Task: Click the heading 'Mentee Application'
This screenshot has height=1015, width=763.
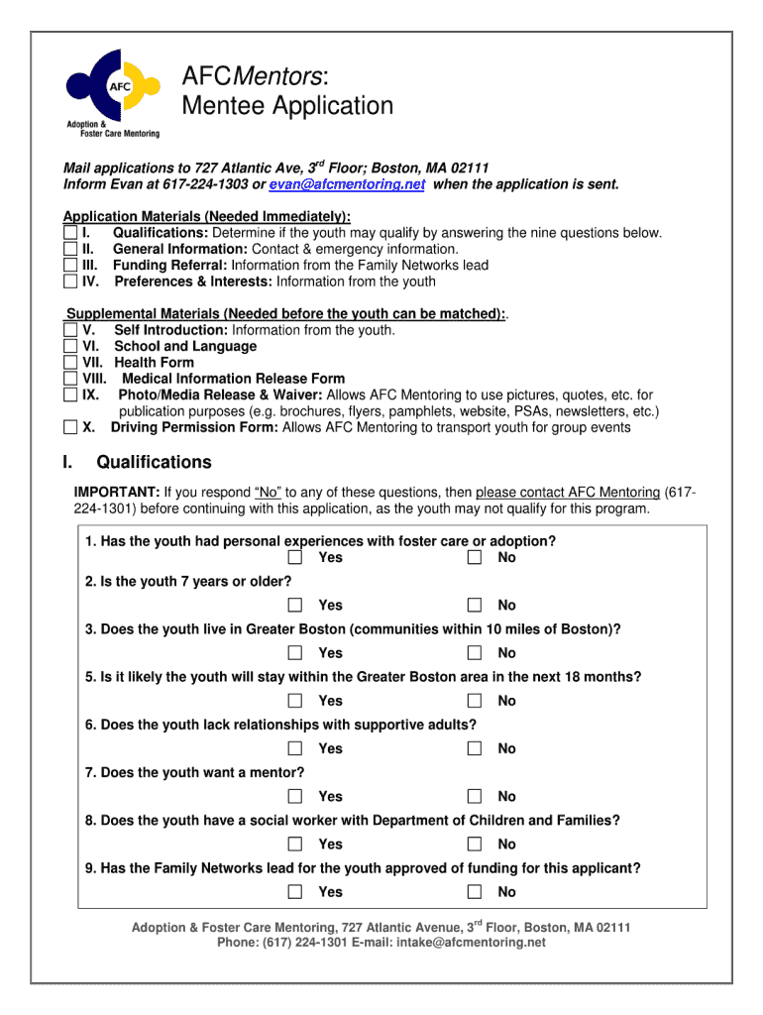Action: (286, 106)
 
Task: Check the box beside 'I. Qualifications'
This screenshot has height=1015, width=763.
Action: (69, 233)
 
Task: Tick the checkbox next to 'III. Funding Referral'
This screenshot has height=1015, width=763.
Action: (69, 266)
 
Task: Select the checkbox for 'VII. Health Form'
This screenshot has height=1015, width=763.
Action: (69, 363)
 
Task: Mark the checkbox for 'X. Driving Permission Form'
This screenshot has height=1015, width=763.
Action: (69, 428)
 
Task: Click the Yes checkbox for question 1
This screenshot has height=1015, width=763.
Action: (295, 558)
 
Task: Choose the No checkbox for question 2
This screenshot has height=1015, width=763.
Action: (475, 606)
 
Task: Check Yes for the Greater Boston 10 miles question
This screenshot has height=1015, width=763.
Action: (295, 653)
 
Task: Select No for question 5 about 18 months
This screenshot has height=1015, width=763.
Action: (475, 701)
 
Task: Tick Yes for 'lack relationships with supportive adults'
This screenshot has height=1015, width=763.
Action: (295, 748)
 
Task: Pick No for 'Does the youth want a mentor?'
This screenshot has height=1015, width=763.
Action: (475, 796)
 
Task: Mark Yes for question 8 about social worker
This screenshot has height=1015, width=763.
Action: (295, 845)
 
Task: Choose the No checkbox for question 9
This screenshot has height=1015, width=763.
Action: (475, 892)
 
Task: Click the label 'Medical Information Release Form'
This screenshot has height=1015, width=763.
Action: (233, 379)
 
